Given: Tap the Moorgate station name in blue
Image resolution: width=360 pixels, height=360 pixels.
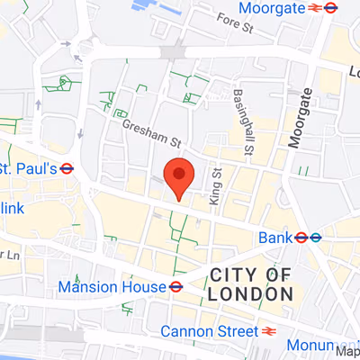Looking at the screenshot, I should coord(269,8).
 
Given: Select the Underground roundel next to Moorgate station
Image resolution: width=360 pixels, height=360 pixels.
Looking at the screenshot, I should coord(331,8).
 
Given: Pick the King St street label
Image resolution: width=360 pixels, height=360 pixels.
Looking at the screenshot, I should coord(215,184).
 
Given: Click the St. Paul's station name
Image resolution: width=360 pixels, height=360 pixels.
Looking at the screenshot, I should coord(27,168).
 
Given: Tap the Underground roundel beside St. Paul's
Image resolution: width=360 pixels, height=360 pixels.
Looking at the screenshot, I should coord(68,168).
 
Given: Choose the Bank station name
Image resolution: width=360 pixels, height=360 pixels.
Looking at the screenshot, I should coord(274,238).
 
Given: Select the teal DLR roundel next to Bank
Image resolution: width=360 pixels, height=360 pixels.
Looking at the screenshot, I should coord(317,238).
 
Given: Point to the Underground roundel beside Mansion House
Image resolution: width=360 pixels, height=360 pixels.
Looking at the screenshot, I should coord(176,287).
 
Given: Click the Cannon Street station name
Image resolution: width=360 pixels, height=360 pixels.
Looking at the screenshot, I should coord(207,331).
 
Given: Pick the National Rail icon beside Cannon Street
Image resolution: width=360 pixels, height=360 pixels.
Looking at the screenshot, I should coord(268,331).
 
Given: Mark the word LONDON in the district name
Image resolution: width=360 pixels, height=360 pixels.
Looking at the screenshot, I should coord(250,293).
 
